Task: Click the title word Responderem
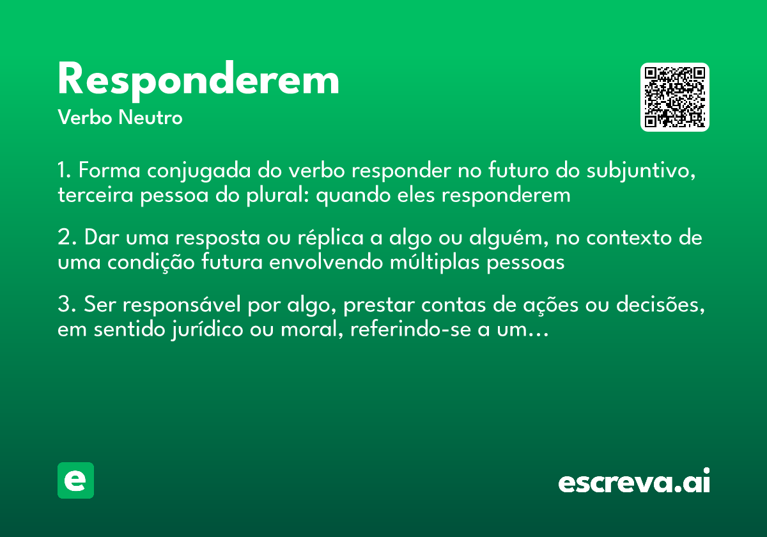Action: [198, 81]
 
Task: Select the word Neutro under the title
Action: [150, 118]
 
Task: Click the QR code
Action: [674, 97]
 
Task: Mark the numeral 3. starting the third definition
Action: [66, 306]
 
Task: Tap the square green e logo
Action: [75, 481]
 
